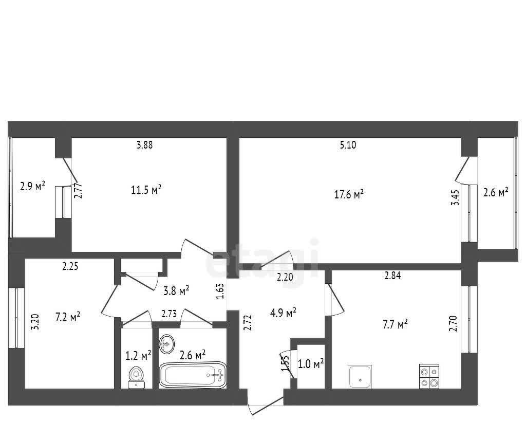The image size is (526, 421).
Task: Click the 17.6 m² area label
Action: tap(349, 194)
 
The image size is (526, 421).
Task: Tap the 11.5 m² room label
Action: tap(146, 190)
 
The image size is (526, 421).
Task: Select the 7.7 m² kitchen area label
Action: tap(395, 324)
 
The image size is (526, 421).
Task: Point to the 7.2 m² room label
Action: tap(68, 317)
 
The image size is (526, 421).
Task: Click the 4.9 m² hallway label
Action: tap(283, 313)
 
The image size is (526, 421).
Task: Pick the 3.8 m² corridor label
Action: tap(177, 290)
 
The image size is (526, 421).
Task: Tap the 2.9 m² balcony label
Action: tap(32, 186)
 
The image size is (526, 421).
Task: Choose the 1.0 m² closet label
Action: tap(311, 363)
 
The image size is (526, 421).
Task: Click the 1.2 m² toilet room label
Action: tap(138, 356)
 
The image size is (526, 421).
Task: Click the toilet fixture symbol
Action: tap(136, 378)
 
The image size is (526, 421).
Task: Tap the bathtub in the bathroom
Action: tap(193, 375)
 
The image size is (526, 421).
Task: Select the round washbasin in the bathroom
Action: tap(167, 344)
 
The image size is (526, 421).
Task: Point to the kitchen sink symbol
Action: tap(360, 376)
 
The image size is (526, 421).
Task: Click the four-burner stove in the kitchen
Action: tap(429, 376)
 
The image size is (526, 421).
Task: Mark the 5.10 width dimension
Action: tap(348, 145)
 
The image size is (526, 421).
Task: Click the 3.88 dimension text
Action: tap(144, 144)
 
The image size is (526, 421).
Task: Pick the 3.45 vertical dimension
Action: tap(455, 198)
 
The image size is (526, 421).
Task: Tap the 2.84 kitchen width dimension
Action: tap(392, 276)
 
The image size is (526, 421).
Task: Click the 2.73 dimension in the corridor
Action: tap(169, 314)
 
